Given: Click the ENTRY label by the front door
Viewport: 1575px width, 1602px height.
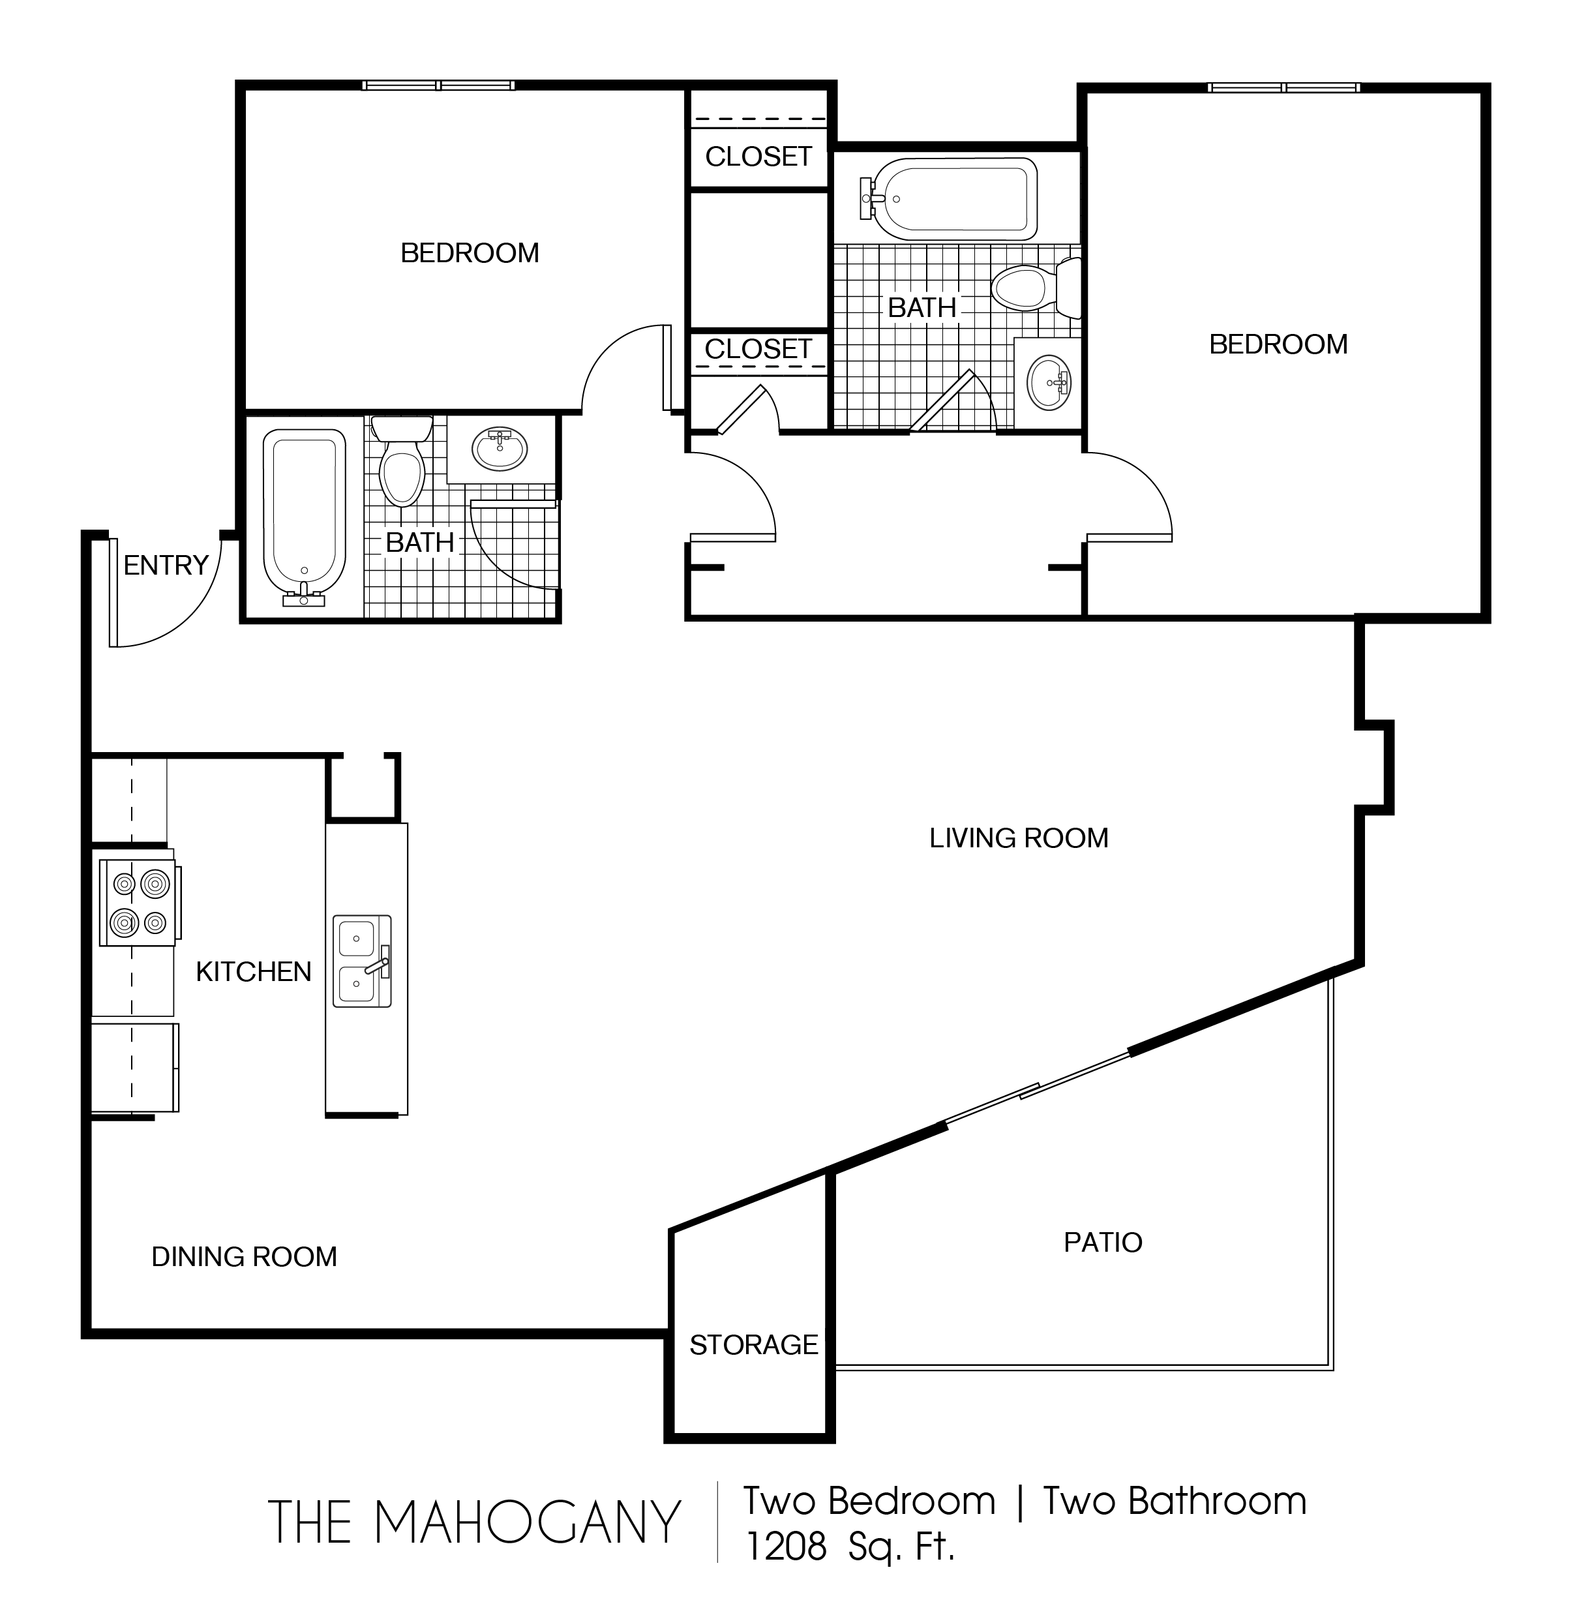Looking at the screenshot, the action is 166,565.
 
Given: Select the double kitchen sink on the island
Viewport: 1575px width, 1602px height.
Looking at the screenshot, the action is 361,961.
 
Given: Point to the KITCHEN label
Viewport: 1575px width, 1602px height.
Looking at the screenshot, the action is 253,971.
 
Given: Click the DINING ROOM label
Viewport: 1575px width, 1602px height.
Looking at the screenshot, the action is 244,1257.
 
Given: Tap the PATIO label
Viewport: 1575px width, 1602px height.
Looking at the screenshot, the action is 1103,1242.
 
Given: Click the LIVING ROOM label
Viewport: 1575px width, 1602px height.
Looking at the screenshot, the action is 1018,838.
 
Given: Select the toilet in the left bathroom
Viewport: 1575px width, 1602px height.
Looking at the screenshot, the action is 402,460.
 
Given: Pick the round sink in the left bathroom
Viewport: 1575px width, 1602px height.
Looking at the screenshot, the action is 500,449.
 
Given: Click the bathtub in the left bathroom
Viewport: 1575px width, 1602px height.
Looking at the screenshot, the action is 305,518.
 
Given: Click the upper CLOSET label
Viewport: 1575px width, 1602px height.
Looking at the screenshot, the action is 758,157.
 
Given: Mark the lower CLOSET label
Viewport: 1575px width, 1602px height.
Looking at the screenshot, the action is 758,349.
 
